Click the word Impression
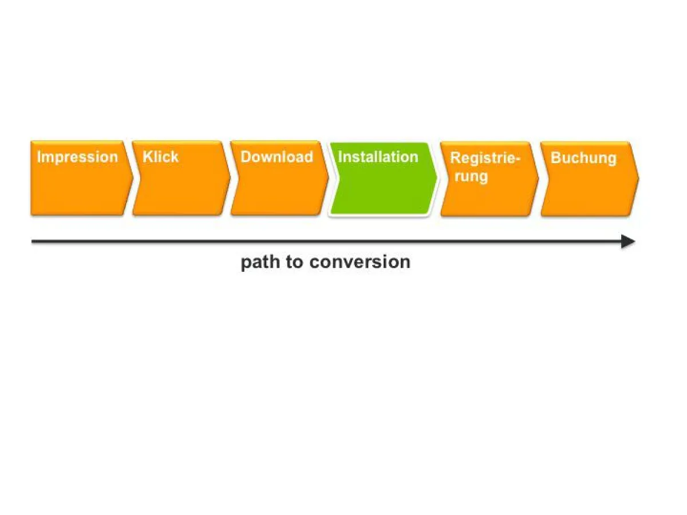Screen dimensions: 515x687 click(x=77, y=157)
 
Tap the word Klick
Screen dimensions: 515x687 click(x=160, y=157)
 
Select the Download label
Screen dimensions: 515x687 click(x=277, y=157)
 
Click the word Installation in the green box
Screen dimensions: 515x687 click(x=378, y=157)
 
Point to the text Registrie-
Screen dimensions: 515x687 click(x=485, y=158)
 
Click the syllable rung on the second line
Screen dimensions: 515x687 click(x=471, y=176)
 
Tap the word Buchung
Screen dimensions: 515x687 click(x=583, y=158)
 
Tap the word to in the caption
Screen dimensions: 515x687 click(x=294, y=262)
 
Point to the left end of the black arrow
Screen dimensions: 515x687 click(x=33, y=241)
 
